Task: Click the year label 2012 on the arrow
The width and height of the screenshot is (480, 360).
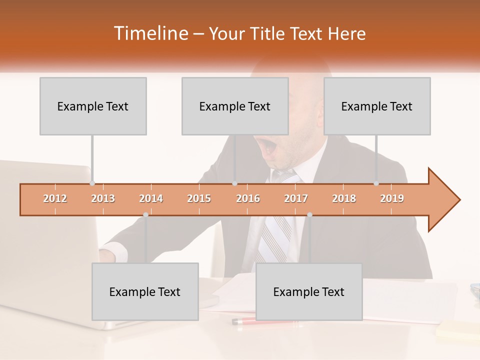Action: [x=55, y=198]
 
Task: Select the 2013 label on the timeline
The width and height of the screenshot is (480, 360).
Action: [x=103, y=198]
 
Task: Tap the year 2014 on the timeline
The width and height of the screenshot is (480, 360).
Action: [x=151, y=198]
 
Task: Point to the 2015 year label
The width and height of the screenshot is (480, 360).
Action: [x=199, y=198]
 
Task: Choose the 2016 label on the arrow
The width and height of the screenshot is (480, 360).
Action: [x=248, y=198]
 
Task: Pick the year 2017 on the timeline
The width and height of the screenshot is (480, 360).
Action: [x=296, y=198]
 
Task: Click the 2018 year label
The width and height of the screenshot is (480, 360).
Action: [x=344, y=198]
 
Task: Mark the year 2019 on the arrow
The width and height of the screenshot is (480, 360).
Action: [x=392, y=198]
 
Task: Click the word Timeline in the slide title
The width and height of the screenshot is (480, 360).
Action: [x=150, y=33]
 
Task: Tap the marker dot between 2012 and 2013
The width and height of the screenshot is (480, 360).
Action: [x=92, y=183]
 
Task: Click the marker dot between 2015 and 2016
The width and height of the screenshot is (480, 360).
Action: [x=234, y=183]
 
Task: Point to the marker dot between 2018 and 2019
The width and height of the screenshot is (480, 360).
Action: [x=376, y=183]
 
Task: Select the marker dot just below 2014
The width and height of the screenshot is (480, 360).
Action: [x=145, y=214]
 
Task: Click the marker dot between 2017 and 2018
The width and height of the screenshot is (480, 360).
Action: [x=309, y=214]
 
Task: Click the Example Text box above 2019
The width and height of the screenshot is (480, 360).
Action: [x=377, y=106]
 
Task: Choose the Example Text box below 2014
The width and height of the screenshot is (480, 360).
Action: [x=145, y=291]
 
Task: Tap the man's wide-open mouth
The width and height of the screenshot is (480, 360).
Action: [x=270, y=147]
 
